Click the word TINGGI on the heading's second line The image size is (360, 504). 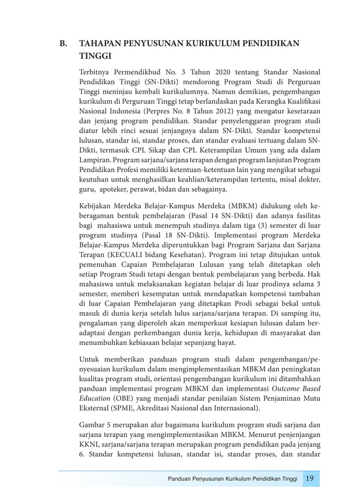pyautogui.click(x=96, y=56)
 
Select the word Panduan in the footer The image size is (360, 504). pyautogui.click(x=182, y=479)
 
